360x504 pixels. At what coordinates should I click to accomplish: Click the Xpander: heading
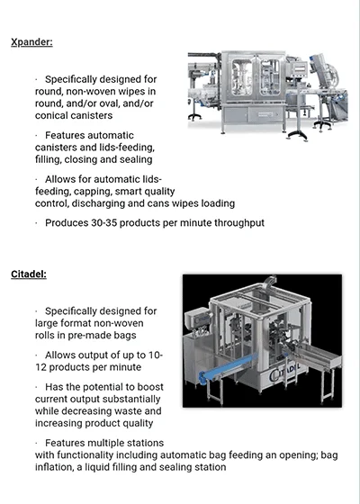pos(31,42)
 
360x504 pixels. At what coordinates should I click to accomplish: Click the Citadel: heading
pos(29,274)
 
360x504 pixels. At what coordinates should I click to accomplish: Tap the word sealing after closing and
pos(134,160)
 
